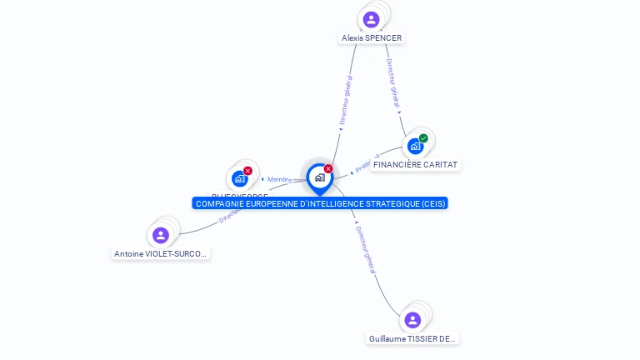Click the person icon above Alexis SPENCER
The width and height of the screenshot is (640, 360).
click(372, 19)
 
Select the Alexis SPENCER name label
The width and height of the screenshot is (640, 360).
click(372, 38)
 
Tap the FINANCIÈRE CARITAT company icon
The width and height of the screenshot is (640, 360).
click(415, 146)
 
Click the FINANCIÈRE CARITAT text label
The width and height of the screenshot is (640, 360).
click(415, 165)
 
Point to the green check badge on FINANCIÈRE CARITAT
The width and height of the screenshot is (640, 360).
click(423, 138)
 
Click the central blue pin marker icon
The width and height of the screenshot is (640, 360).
click(319, 177)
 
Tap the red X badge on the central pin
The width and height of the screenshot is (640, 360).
click(328, 168)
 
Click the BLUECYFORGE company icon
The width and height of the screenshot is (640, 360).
click(240, 177)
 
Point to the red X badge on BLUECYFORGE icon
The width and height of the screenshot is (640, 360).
click(247, 170)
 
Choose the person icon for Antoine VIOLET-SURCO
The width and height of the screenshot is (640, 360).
click(161, 235)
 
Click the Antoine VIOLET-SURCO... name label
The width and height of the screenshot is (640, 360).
click(161, 254)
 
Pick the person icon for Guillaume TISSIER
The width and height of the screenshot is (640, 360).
click(412, 320)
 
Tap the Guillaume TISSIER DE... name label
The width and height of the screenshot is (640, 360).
click(413, 339)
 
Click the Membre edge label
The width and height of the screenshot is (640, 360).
click(279, 179)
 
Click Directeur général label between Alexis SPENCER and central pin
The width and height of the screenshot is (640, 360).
click(347, 100)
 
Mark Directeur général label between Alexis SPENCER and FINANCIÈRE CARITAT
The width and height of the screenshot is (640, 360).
click(393, 83)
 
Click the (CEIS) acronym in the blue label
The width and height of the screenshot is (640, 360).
click(432, 203)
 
